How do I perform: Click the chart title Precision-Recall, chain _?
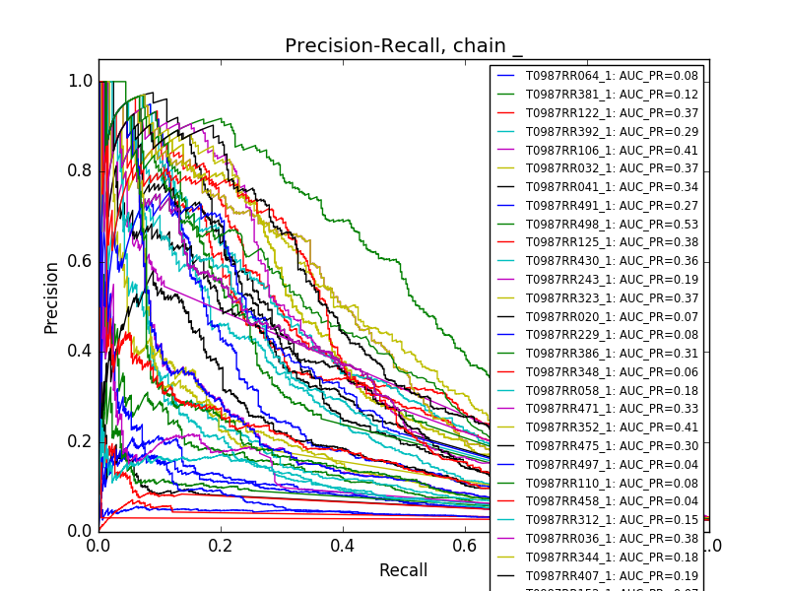click(404, 46)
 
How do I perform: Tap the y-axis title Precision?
click(51, 297)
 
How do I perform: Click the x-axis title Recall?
click(403, 570)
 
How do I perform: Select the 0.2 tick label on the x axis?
click(221, 545)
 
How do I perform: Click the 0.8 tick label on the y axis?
click(81, 171)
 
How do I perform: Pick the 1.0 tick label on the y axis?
click(81, 82)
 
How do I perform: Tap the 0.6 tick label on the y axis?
click(81, 261)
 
